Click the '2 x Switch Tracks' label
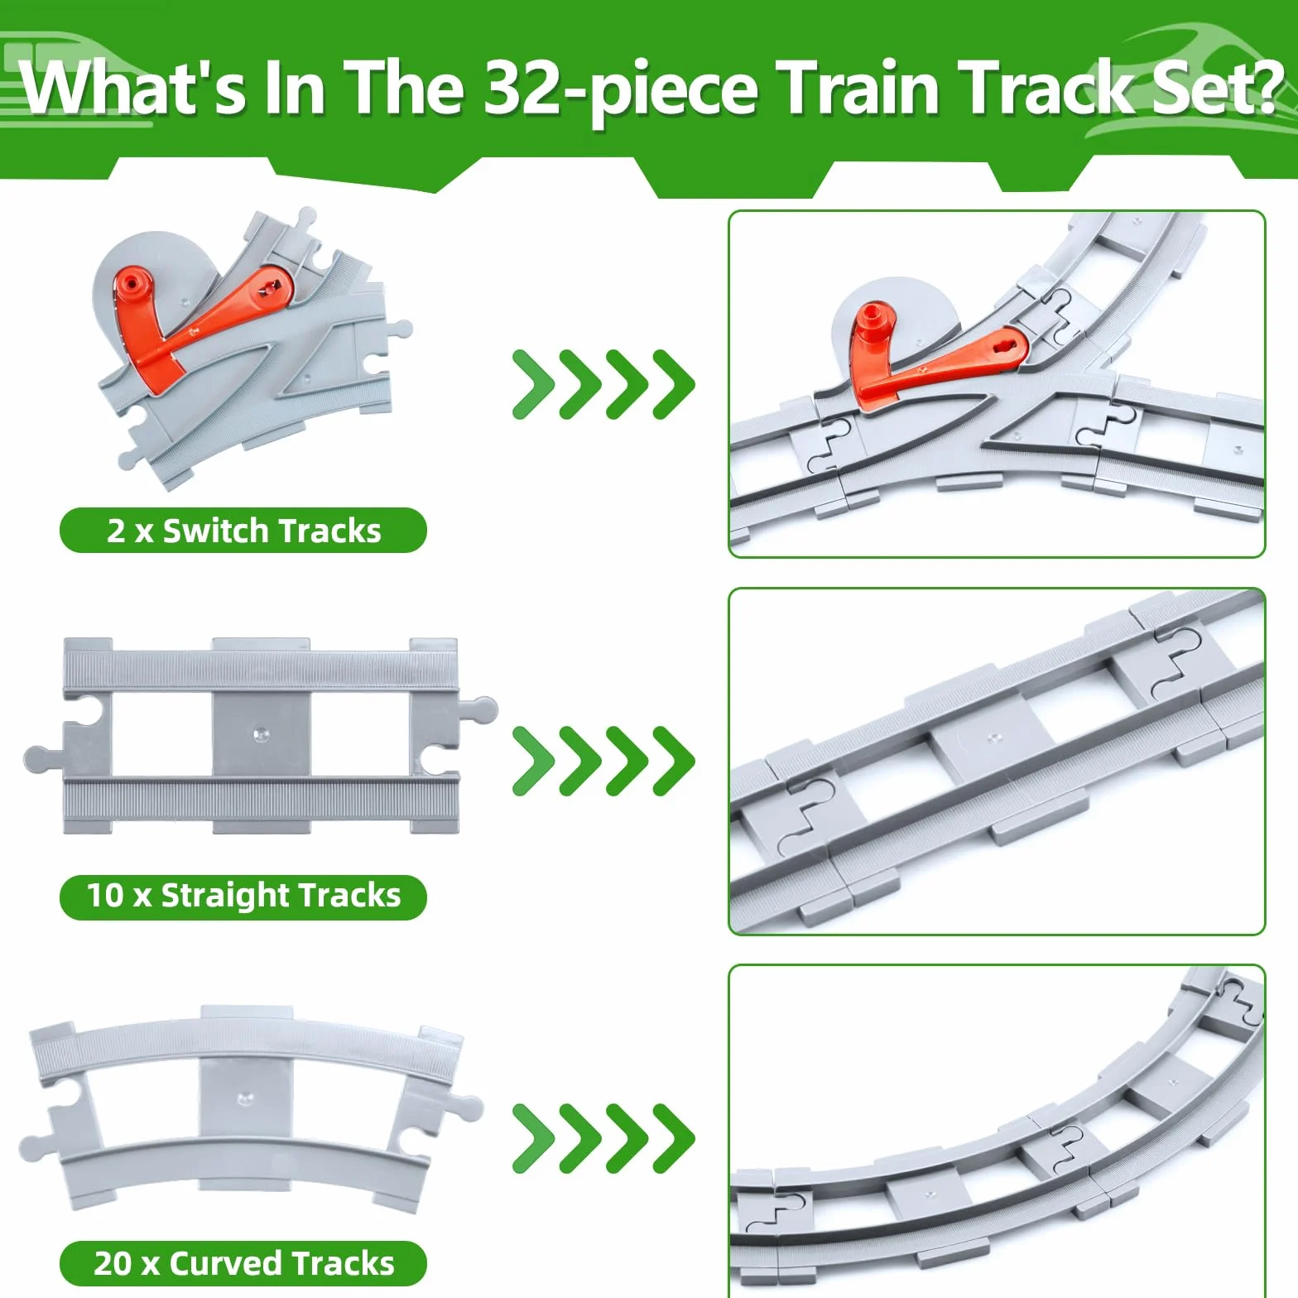coord(243,531)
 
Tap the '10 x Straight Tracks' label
coord(243,897)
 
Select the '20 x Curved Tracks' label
coord(243,1264)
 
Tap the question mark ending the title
coord(1264,87)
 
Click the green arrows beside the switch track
coord(603,384)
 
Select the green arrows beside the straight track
coord(603,761)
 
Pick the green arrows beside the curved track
coord(603,1137)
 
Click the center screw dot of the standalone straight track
coord(261,733)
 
